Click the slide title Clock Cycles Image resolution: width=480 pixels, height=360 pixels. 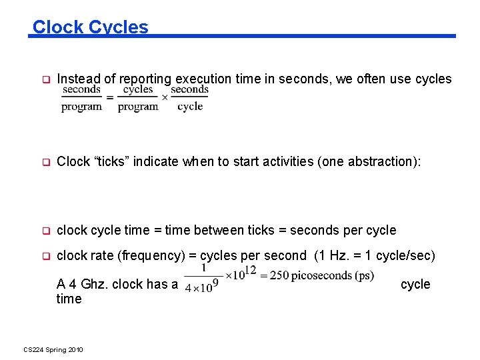click(x=91, y=27)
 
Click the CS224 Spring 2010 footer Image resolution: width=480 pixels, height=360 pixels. click(x=53, y=349)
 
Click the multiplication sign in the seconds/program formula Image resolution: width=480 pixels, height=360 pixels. click(x=164, y=97)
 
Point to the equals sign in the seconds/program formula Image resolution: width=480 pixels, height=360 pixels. click(x=109, y=97)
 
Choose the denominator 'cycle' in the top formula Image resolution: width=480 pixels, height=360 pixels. click(x=190, y=107)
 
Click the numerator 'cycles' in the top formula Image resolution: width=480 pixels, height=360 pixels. click(x=138, y=89)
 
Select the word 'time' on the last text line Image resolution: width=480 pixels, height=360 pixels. click(x=69, y=299)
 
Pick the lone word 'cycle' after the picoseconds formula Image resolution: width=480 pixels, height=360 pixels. click(x=415, y=284)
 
